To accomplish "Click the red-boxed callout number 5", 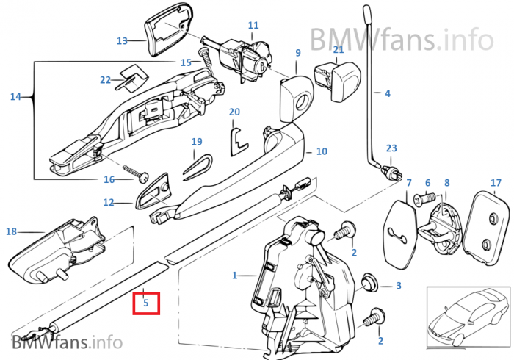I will click(145, 302).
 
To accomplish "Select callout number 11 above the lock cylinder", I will click(253, 25).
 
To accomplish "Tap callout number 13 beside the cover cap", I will click(122, 40).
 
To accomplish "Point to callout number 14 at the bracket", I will click(15, 96).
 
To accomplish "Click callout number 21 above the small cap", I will click(339, 49).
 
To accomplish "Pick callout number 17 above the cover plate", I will click(496, 182).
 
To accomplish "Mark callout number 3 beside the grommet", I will click(398, 285).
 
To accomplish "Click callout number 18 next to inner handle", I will click(11, 231).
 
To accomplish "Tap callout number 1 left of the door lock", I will click(235, 276).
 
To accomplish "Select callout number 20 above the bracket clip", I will click(234, 112).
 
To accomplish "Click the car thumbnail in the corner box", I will click(467, 317).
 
